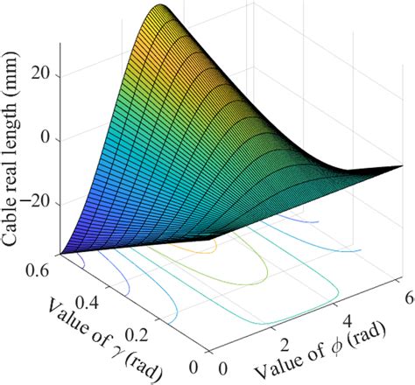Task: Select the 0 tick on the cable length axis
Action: (x=48, y=140)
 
